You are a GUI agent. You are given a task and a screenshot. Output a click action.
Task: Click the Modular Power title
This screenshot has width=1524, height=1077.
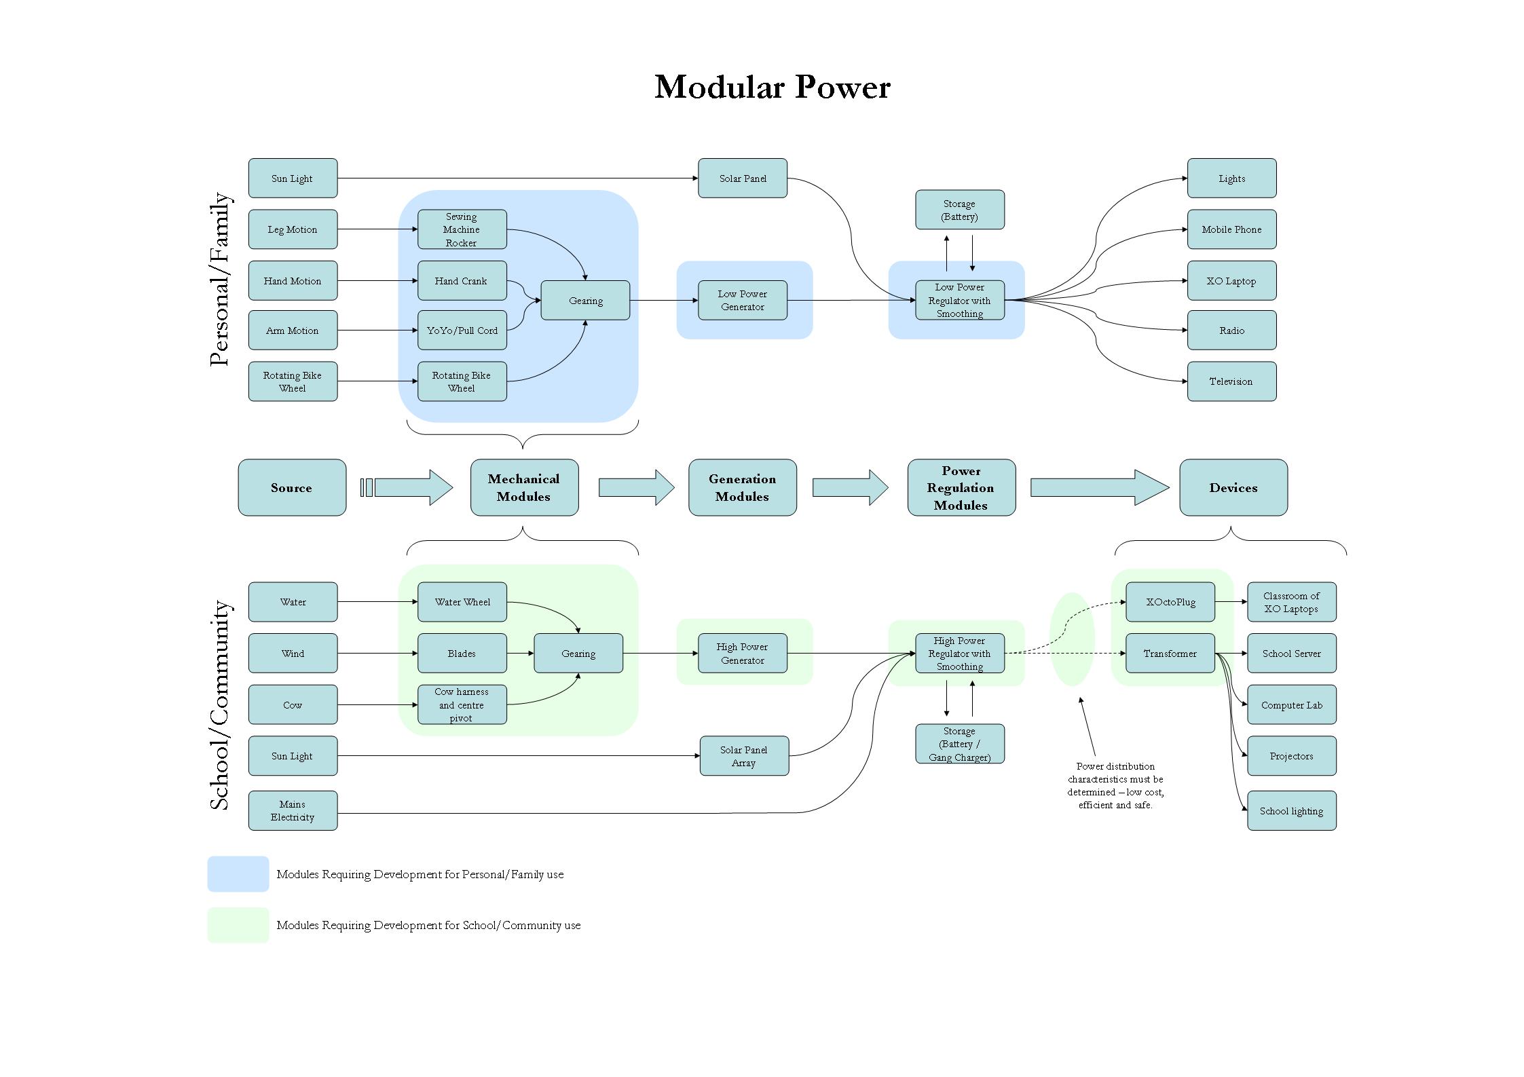[x=772, y=87]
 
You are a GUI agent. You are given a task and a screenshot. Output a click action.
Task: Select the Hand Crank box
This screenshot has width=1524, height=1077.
[x=462, y=280]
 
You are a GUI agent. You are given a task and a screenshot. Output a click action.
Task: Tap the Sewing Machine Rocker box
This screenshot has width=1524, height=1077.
[x=462, y=229]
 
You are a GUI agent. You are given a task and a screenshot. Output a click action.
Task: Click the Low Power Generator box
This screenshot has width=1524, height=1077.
[x=742, y=300]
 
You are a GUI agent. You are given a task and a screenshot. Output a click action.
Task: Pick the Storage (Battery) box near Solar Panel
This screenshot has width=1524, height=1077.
[x=959, y=210]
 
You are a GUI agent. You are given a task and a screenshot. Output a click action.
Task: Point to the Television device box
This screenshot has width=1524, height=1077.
[x=1231, y=381]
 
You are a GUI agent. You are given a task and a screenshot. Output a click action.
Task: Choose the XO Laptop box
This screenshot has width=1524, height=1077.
[x=1231, y=280]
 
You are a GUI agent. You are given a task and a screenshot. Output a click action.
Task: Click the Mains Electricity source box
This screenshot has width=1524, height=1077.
[x=293, y=810]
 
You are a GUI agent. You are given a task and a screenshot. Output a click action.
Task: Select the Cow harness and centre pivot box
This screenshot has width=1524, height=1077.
[x=462, y=704]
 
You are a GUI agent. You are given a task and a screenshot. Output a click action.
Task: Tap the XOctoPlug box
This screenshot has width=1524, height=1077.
[x=1170, y=602]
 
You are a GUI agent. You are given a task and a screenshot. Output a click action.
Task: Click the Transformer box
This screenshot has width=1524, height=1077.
[x=1170, y=654]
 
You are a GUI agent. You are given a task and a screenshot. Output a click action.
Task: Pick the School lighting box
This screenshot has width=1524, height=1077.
[x=1291, y=810]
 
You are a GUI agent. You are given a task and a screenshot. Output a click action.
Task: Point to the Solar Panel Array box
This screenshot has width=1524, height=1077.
[x=744, y=756]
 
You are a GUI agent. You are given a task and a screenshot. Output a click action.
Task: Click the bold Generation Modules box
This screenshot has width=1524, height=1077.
[x=742, y=487]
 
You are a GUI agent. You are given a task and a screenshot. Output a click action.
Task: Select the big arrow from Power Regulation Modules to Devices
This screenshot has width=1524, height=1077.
[x=1099, y=487]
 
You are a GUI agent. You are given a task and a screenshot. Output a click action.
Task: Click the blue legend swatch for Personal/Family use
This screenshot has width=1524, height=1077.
[x=238, y=874]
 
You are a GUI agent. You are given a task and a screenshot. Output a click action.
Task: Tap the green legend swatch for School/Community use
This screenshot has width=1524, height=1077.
[x=238, y=925]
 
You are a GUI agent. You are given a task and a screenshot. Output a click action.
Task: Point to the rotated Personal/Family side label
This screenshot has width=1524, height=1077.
[x=219, y=280]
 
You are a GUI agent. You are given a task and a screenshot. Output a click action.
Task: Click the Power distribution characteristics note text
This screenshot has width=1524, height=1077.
[x=1115, y=785]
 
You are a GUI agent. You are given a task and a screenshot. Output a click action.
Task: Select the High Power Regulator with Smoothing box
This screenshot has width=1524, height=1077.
[x=959, y=654]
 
